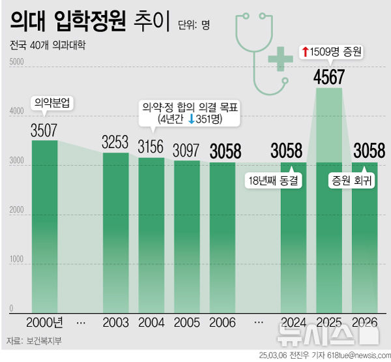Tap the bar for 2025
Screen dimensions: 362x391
click(x=329, y=202)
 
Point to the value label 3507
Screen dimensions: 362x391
click(x=44, y=130)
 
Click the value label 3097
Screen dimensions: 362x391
click(x=186, y=150)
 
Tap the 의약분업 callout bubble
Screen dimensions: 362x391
click(x=53, y=103)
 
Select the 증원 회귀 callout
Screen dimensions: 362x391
click(x=351, y=181)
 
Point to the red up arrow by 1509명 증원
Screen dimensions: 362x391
click(x=304, y=50)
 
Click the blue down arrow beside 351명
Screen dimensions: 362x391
click(x=192, y=119)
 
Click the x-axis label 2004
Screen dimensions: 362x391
click(x=151, y=322)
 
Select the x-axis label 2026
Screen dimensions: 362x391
click(x=364, y=322)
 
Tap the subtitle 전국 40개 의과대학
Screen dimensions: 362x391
click(x=48, y=46)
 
